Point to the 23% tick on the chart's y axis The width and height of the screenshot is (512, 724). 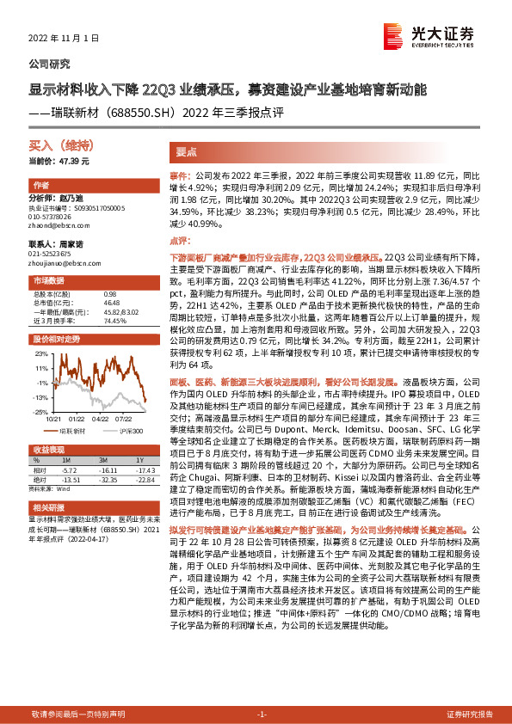pos(40,353)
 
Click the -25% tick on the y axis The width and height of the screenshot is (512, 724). pos(40,412)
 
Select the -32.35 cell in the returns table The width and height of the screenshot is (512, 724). pos(108,480)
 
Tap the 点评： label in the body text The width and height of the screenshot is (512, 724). pos(180,242)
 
